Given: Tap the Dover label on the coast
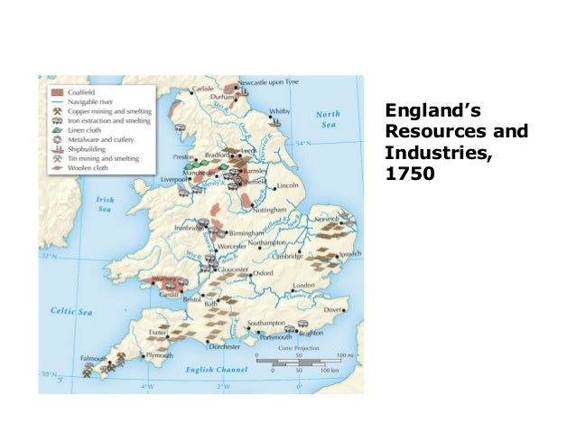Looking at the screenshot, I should [x=334, y=309].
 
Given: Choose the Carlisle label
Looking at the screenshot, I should [x=203, y=89].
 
